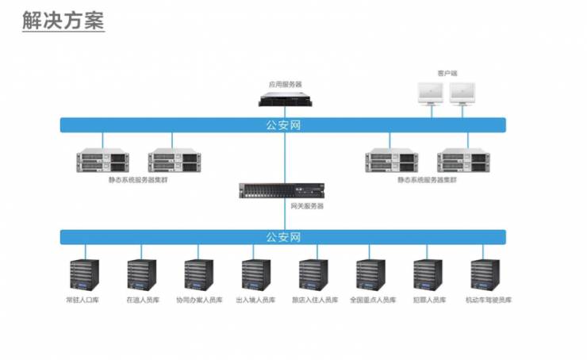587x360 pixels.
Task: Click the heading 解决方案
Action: pyautogui.click(x=63, y=21)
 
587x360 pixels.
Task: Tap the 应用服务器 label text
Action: pyautogui.click(x=285, y=83)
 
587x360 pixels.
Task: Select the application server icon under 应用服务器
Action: pyautogui.click(x=285, y=99)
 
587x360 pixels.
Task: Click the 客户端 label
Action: pyautogui.click(x=447, y=73)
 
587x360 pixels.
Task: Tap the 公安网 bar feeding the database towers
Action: pyautogui.click(x=283, y=236)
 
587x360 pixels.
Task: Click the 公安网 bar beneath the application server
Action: pyautogui.click(x=283, y=124)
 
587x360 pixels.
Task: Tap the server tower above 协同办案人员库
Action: pyautogui.click(x=199, y=274)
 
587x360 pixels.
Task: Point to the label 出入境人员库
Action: pyautogui.click(x=256, y=300)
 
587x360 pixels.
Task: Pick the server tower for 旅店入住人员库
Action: pyautogui.click(x=313, y=274)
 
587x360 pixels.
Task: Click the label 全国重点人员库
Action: pyautogui.click(x=372, y=300)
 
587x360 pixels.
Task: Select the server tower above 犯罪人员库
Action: pyautogui.click(x=428, y=274)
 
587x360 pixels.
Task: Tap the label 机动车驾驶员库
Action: pyautogui.click(x=488, y=300)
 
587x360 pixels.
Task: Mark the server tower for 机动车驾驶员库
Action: pyautogui.click(x=485, y=274)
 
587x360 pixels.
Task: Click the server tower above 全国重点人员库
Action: pyautogui.click(x=370, y=274)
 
